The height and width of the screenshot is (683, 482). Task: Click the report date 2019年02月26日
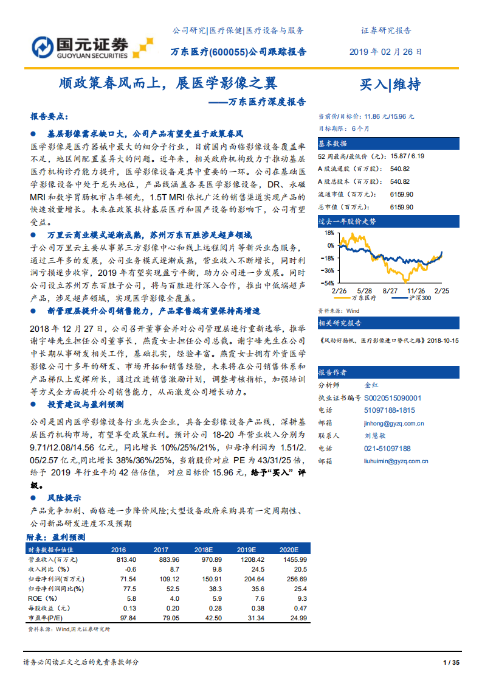click(385, 52)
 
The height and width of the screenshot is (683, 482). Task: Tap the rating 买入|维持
click(390, 84)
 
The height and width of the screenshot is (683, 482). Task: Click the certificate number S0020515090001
click(392, 398)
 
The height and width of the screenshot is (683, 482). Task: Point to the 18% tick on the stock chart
click(329, 233)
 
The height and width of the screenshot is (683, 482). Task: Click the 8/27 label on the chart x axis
click(390, 291)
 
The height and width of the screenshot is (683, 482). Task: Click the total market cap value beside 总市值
click(401, 207)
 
